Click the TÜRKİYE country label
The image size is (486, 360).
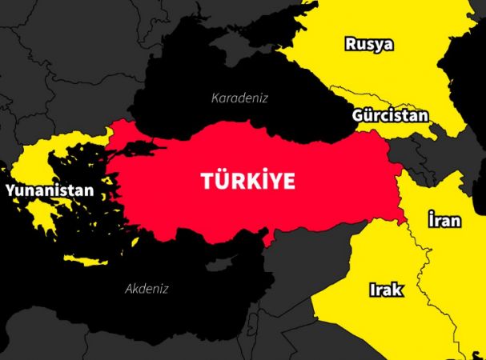(x=247, y=181)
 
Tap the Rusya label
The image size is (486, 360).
(x=369, y=43)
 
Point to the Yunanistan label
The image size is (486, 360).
(x=49, y=191)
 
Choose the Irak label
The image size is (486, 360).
(x=385, y=290)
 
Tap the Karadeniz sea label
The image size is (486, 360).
(x=239, y=98)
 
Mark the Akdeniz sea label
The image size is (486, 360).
(x=147, y=289)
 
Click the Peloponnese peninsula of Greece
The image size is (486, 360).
(x=40, y=213)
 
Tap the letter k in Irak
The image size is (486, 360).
(x=398, y=290)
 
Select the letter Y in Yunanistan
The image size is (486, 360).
(x=10, y=191)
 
